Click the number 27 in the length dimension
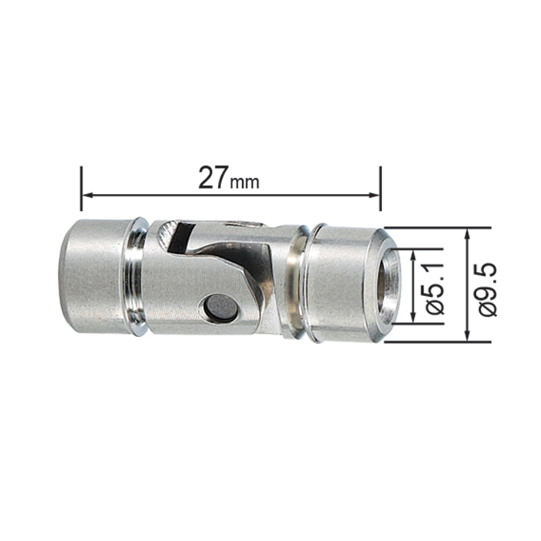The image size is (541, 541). tap(213, 177)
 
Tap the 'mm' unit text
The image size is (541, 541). tap(245, 182)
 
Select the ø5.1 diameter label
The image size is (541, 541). tap(434, 288)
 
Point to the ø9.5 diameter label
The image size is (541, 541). tap(488, 289)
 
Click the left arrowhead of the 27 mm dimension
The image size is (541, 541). tap(88, 196)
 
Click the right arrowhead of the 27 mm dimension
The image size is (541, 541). tap(373, 196)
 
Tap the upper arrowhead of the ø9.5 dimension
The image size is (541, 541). tap(467, 235)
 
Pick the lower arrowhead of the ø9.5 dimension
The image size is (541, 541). tap(467, 335)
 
